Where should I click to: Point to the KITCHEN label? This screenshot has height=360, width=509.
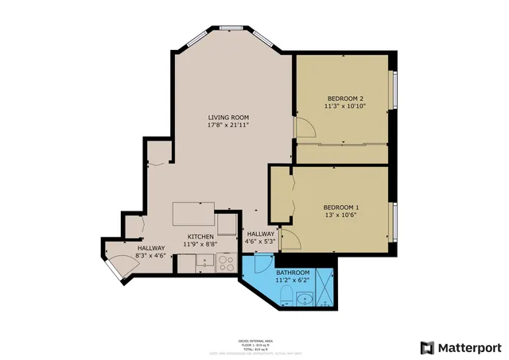tap(200, 237)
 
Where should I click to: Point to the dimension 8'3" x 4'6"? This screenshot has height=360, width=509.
tap(150, 256)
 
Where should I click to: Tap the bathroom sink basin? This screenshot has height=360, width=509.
tap(305, 300)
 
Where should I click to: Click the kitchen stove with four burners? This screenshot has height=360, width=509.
tap(225, 263)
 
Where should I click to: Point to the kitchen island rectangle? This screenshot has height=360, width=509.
tap(194, 215)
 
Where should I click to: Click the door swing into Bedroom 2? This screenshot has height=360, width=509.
tap(301, 127)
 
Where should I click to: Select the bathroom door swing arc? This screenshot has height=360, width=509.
tap(262, 264)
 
